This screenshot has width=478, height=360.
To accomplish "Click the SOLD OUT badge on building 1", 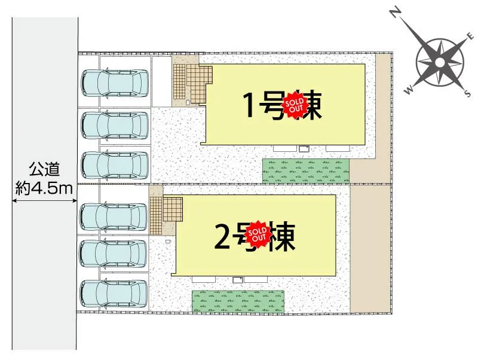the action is coord(294,106).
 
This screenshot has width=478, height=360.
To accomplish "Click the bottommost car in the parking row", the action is coord(114,294).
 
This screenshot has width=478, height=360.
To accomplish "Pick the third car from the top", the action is coord(115,166).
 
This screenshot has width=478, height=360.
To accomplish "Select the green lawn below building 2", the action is coord(238,301).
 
